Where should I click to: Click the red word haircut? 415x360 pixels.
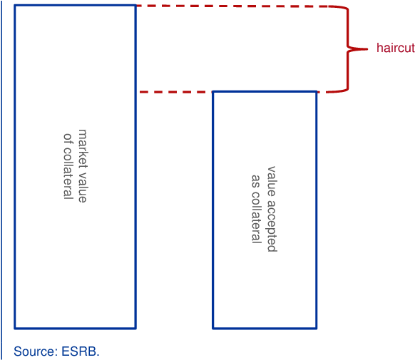tap(396, 48)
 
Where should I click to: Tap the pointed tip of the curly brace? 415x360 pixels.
tap(368, 49)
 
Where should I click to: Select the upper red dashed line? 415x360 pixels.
tap(232, 6)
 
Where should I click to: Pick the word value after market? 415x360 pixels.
tap(83, 187)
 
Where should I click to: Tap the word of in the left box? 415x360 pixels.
tap(68, 138)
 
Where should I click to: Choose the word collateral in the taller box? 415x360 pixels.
tap(68, 173)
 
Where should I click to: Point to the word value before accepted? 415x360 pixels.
tap(272, 182)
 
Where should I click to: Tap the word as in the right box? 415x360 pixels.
tap(256, 181)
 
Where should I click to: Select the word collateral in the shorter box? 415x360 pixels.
tap(256, 217)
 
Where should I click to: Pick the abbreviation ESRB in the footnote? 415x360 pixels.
tap(79, 351)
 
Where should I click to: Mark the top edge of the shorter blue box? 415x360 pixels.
tap(265, 92)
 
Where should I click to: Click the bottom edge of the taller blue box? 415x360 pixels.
tap(75, 328)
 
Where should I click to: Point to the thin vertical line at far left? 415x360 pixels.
tap(1, 180)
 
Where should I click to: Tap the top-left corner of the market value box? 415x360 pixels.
tap(15, 5)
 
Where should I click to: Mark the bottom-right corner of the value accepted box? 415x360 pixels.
tap(317, 328)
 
